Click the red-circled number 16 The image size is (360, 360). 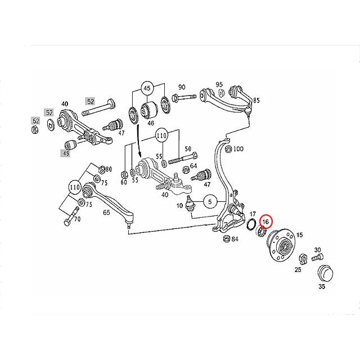(x=265, y=222)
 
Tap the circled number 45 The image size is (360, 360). (x=148, y=88)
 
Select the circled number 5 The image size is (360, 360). (x=210, y=202)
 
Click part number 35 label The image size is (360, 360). (x=322, y=286)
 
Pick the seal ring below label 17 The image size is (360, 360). (x=251, y=224)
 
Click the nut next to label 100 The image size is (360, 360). (x=228, y=149)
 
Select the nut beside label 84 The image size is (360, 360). (x=227, y=239)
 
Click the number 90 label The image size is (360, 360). (x=182, y=87)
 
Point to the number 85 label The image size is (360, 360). (x=256, y=100)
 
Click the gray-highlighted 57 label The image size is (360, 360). (x=49, y=112)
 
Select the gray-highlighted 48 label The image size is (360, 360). (x=65, y=153)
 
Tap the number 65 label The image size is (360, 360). (x=106, y=213)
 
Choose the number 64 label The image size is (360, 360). (x=193, y=165)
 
